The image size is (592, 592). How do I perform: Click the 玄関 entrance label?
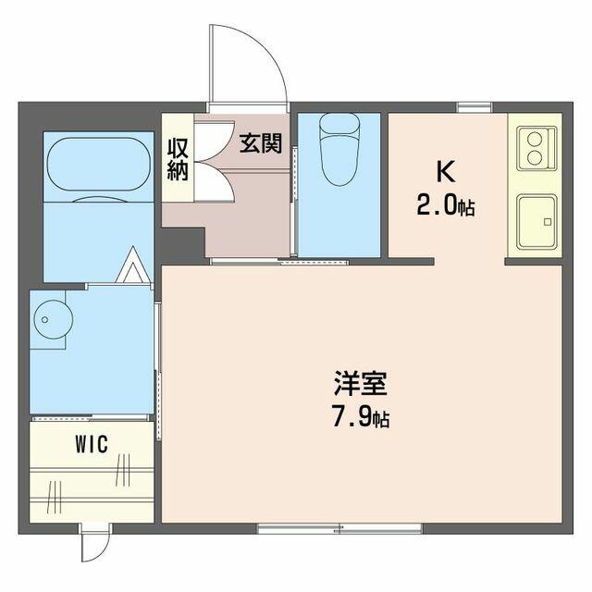(x=261, y=143)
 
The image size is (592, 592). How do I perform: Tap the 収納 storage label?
(x=178, y=159)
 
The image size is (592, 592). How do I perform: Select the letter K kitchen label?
(x=446, y=172)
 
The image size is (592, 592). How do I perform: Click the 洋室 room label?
(x=360, y=383)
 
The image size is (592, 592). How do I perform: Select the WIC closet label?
(x=92, y=444)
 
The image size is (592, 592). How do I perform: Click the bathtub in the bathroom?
(x=99, y=165)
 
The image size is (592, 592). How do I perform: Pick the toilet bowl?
(x=339, y=150)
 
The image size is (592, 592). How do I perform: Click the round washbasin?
(x=54, y=319)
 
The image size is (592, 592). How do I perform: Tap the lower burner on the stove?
(x=535, y=157)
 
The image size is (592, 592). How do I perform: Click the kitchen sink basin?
(x=536, y=222)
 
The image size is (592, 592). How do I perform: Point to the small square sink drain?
(x=547, y=222)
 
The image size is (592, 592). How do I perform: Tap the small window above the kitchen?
(x=475, y=107)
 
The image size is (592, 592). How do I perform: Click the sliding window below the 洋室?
(x=339, y=528)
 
